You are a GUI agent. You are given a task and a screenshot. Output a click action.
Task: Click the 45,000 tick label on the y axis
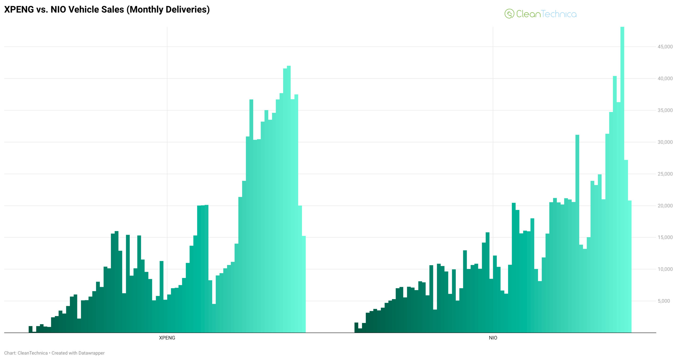pyautogui.click(x=665, y=47)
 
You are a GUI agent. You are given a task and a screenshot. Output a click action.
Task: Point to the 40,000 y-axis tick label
pyautogui.click(x=665, y=78)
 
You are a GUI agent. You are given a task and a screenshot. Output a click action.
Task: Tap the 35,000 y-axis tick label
pyautogui.click(x=665, y=110)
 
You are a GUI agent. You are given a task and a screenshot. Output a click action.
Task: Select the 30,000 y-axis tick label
pyautogui.click(x=665, y=142)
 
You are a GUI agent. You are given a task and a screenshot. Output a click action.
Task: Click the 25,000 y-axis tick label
pyautogui.click(x=665, y=174)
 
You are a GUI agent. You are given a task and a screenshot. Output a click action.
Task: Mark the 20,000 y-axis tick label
pyautogui.click(x=665, y=206)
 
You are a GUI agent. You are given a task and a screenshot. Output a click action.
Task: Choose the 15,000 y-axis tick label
pyautogui.click(x=665, y=237)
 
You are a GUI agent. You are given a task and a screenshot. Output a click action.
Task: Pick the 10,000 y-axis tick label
pyautogui.click(x=665, y=269)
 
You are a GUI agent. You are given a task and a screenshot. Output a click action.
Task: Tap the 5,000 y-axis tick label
pyautogui.click(x=664, y=301)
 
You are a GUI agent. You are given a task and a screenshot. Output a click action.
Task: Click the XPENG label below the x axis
pyautogui.click(x=167, y=338)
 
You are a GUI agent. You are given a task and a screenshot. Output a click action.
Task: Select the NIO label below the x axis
pyautogui.click(x=493, y=338)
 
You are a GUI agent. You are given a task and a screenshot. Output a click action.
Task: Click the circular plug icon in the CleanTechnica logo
pyautogui.click(x=509, y=14)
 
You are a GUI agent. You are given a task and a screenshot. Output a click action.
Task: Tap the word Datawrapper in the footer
pyautogui.click(x=91, y=353)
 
